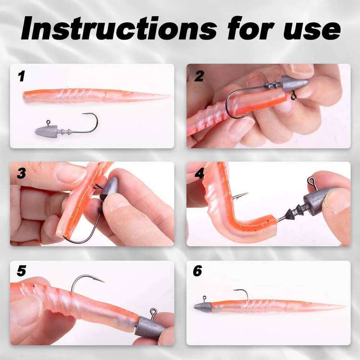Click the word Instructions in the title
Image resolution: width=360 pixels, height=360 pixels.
(x=119, y=28)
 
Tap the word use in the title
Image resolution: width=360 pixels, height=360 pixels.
(x=312, y=31)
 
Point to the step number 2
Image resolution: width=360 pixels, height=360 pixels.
(x=199, y=76)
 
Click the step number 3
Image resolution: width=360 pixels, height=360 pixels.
(x=21, y=174)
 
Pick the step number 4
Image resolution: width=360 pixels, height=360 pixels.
(x=199, y=174)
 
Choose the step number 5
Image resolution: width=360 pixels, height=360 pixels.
(x=21, y=271)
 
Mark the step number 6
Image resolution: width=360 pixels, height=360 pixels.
(x=197, y=271)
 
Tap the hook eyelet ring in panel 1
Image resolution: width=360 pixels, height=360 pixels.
(x=48, y=122)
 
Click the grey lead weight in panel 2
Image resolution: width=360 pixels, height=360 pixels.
(x=295, y=84)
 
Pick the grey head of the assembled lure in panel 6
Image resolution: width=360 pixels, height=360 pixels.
(x=202, y=306)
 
